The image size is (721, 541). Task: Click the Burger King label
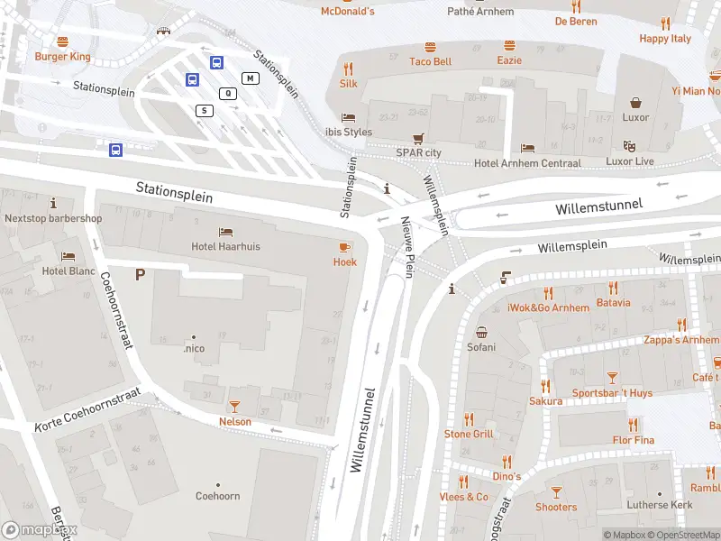62,56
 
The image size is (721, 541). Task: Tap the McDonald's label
347,11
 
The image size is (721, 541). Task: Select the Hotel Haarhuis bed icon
225,231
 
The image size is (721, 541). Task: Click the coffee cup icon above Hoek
344,247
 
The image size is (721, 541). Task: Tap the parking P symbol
140,274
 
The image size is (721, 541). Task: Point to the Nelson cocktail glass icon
235,407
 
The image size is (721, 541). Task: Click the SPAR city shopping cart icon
418,139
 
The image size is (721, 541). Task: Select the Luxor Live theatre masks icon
630,146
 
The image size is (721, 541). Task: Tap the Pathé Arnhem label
480,12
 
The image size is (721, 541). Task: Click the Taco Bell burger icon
430,46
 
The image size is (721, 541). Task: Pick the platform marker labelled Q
229,93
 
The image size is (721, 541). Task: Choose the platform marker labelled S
205,110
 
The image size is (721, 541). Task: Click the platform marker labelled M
251,78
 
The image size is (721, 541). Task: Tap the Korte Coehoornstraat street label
88,410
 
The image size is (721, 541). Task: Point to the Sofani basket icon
481,332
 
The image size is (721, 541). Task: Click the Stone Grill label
469,434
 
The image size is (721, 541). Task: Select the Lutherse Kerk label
662,505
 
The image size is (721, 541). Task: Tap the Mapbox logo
39,530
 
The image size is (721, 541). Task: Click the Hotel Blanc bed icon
67,256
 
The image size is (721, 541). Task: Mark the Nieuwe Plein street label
407,247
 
